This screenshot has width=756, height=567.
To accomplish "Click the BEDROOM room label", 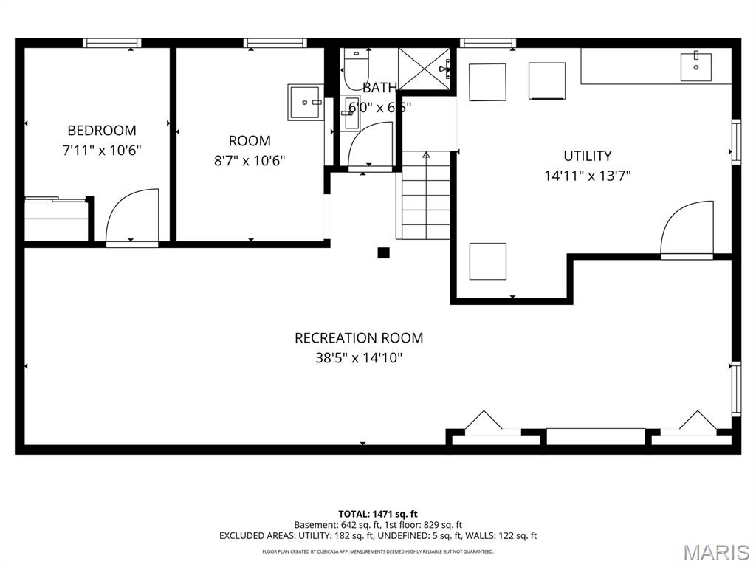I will coord(102,131).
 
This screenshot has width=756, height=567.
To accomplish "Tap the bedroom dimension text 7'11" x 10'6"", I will coord(102,150).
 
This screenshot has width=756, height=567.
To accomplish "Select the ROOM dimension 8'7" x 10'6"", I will coord(250,160).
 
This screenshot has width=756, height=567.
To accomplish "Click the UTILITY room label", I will coord(587,156).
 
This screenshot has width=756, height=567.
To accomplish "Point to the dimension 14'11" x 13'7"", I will coord(587,176).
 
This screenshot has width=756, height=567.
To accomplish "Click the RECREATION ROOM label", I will coord(359,338).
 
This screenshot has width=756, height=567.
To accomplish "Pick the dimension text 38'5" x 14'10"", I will coord(359,358).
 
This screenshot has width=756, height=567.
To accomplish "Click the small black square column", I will coord(383,253).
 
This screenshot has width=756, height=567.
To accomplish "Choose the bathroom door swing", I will coord(370,146).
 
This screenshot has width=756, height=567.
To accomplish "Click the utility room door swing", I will coord(688,228).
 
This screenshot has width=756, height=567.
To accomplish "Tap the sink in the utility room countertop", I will coord(695,66).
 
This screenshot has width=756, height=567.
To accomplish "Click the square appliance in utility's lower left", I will coord(488,261).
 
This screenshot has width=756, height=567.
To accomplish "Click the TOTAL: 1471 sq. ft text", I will coord(378,514).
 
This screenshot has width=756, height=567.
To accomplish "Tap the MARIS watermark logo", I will coord(716,551).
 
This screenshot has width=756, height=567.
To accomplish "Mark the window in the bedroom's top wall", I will coord(112,43).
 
